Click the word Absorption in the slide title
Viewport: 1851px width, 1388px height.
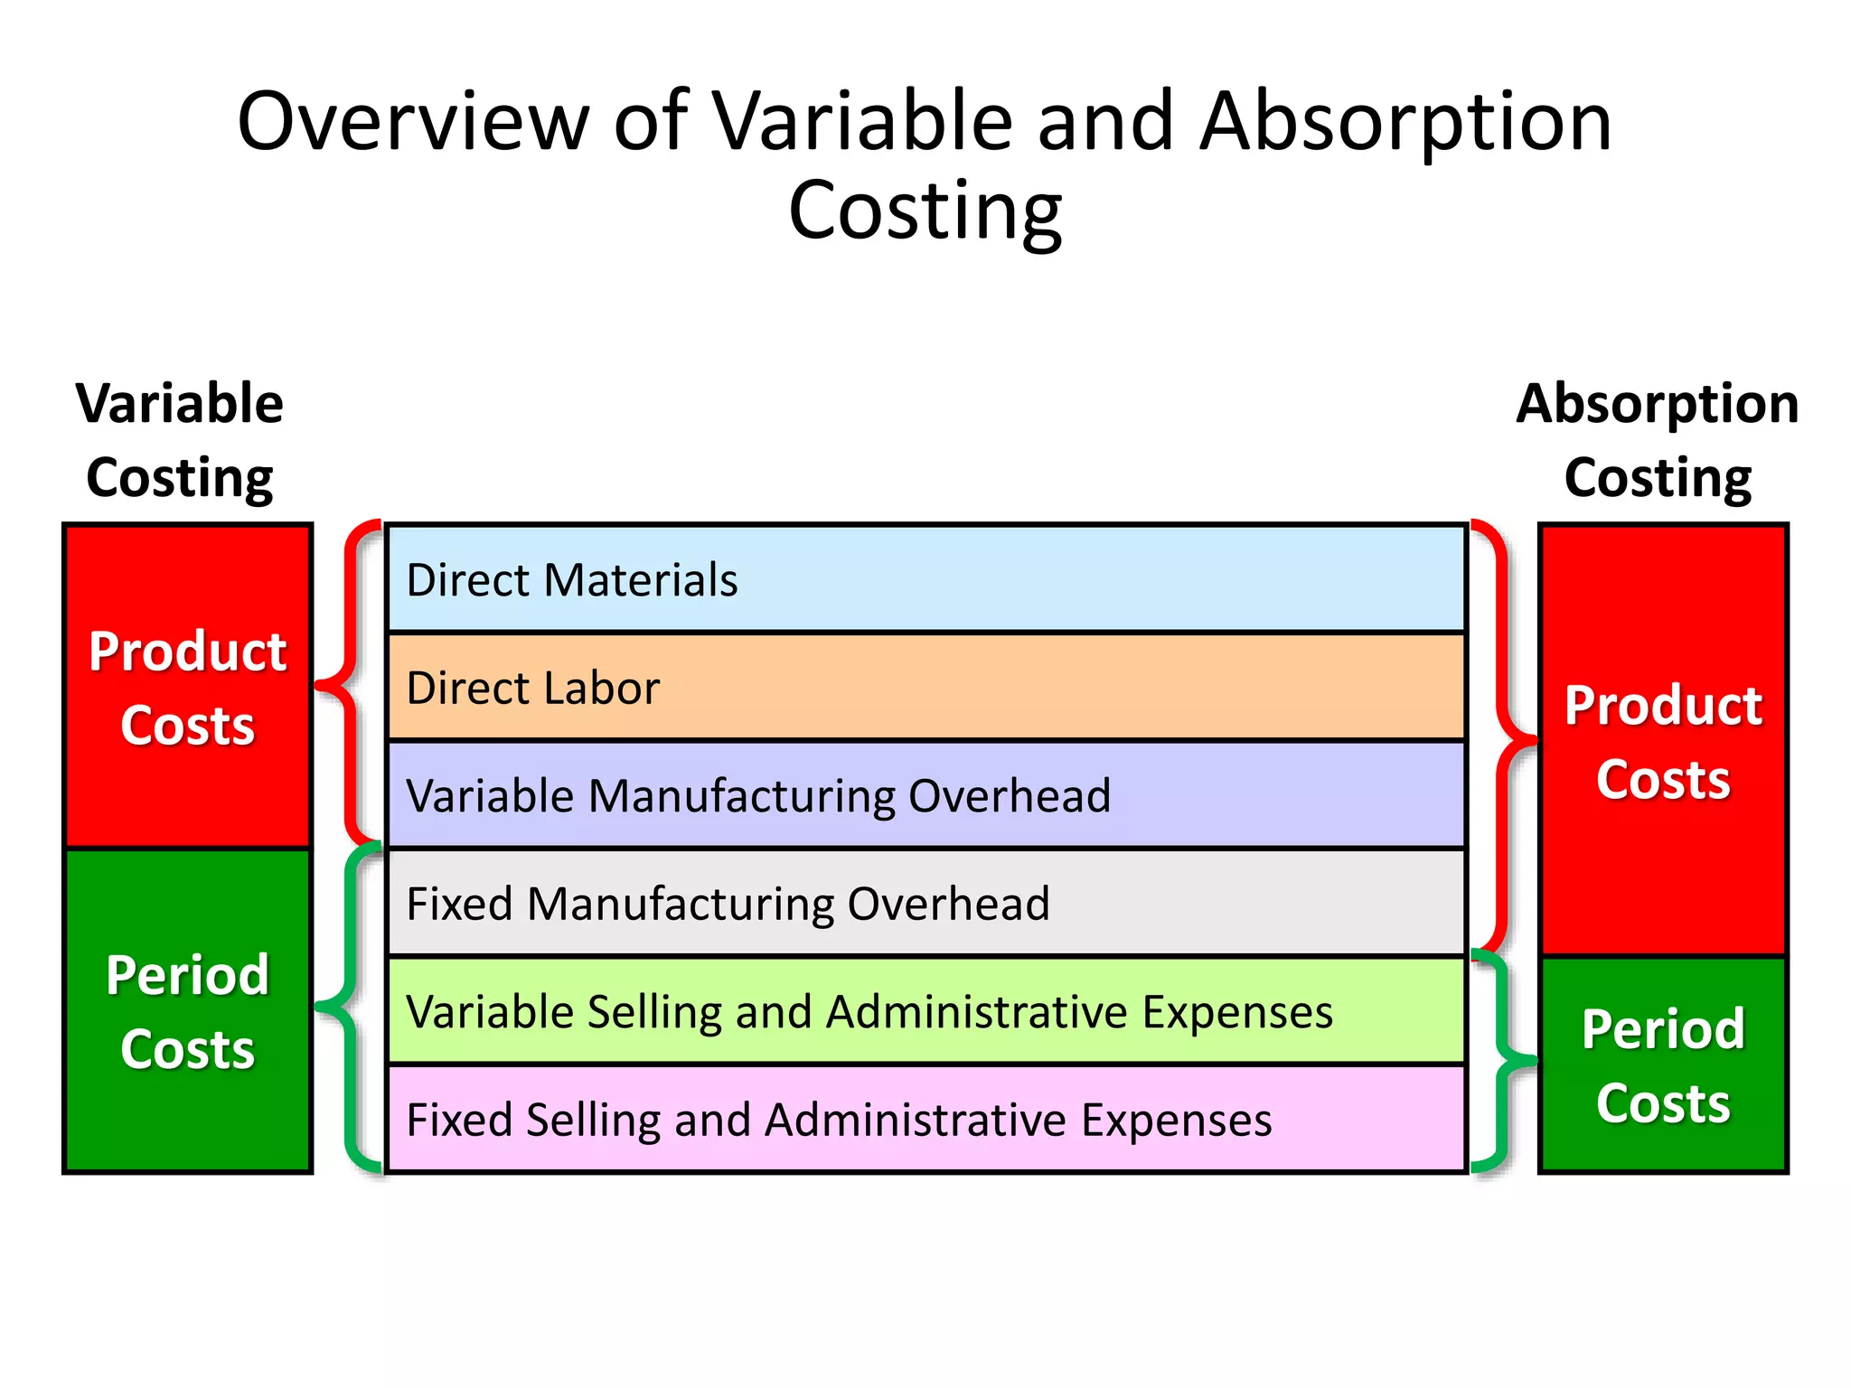[1406, 124]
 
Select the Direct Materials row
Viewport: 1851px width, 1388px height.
[925, 579]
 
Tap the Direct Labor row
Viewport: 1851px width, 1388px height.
[925, 688]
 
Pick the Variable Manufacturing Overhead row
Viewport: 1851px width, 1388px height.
[925, 795]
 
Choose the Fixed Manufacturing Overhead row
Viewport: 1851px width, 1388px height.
[925, 903]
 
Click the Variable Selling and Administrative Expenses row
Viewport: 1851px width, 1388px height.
[925, 1011]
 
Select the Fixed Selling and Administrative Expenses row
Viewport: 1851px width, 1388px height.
[925, 1120]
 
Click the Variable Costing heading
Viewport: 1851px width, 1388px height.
[180, 440]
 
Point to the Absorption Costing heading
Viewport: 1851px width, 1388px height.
[1658, 440]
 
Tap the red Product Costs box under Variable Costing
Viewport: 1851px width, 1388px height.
[188, 687]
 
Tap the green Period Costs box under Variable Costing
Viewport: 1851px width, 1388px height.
[188, 1010]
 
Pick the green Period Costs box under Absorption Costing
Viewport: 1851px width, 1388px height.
[1663, 1064]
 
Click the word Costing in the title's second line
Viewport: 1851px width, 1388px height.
[925, 211]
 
